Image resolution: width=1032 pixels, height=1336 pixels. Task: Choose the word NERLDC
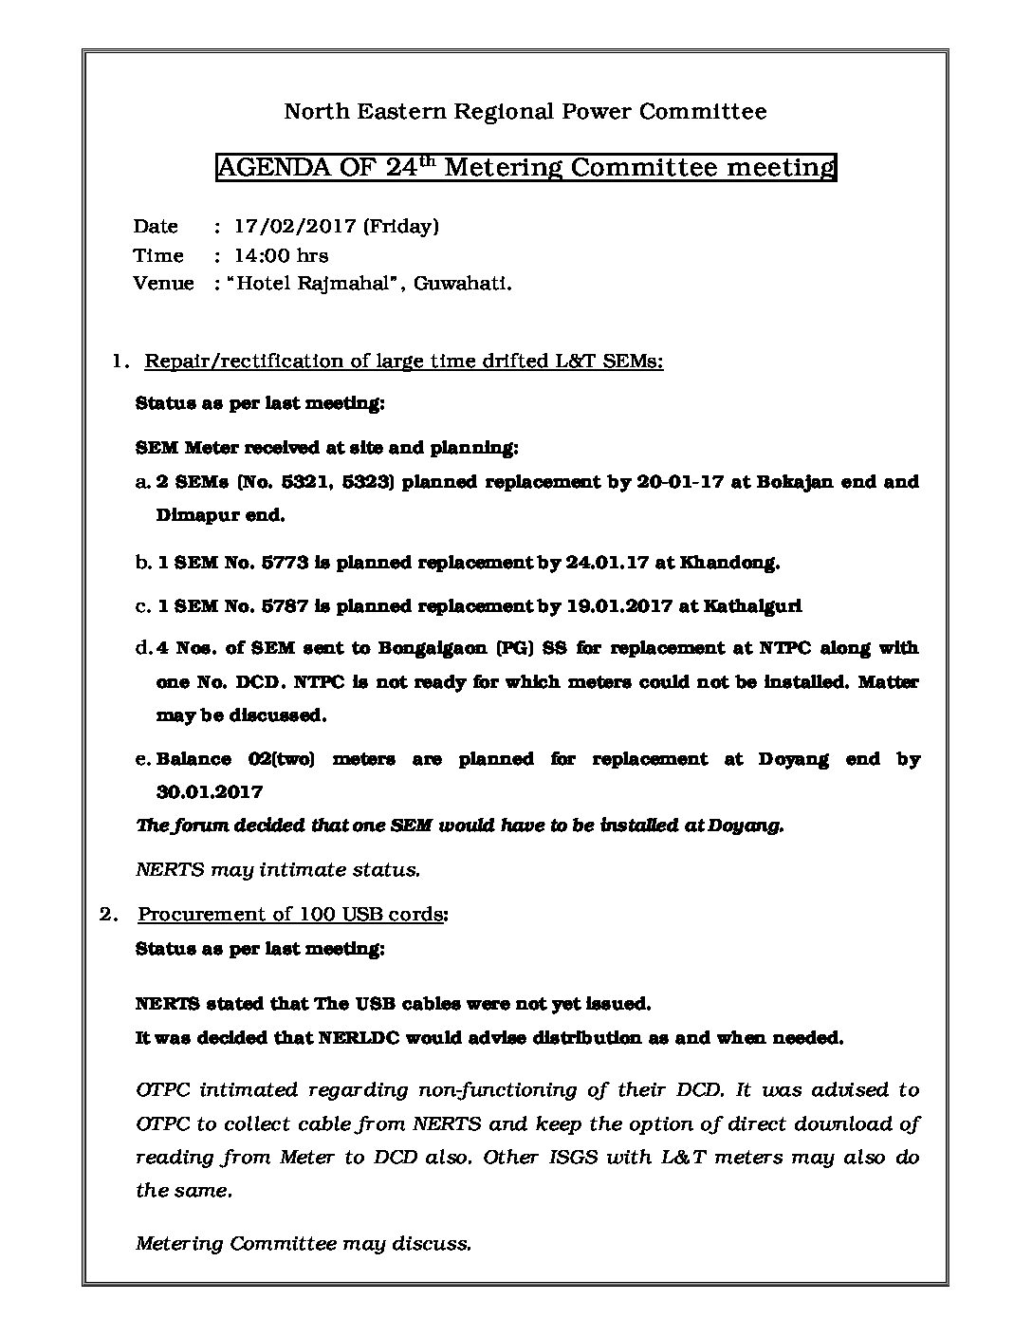[353, 1038]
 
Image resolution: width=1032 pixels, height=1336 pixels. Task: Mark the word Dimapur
[193, 516]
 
